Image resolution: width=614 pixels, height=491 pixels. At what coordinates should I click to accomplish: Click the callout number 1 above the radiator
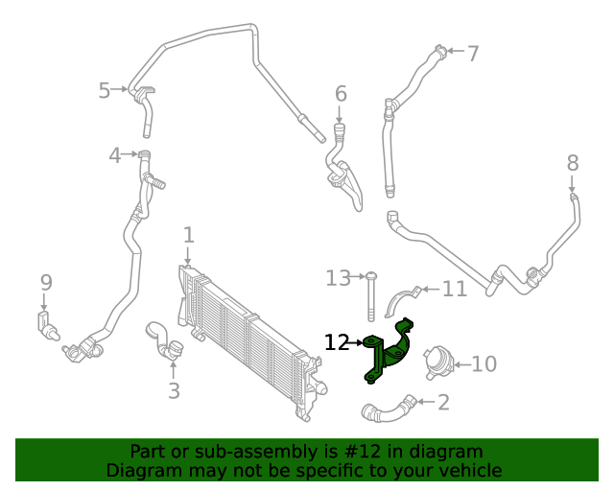point(189,234)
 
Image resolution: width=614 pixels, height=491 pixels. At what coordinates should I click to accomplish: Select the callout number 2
point(442,403)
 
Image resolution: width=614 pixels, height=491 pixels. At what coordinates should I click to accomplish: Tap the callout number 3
point(174,390)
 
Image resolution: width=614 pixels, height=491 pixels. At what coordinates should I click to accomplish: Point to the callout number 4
point(115,154)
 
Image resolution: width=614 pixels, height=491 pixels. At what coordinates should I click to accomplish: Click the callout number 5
point(105,90)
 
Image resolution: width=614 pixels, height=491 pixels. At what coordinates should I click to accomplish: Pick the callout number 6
point(341,93)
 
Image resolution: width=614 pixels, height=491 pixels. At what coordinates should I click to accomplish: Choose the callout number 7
point(472,53)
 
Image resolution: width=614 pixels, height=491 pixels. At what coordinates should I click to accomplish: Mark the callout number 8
point(573,162)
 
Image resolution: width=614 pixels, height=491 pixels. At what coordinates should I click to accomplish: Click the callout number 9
point(45,282)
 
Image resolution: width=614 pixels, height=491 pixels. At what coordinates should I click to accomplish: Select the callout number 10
point(484,364)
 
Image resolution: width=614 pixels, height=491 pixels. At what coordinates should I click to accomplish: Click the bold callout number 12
point(337,342)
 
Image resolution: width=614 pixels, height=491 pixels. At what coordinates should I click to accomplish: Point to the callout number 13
point(338,278)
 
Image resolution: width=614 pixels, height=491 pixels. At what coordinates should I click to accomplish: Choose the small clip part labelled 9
point(46,324)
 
